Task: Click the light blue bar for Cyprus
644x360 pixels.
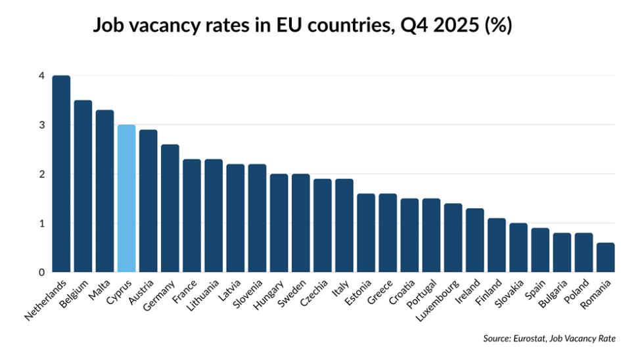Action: (x=126, y=198)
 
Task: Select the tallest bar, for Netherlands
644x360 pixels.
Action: (x=61, y=174)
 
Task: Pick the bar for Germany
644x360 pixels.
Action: (x=170, y=208)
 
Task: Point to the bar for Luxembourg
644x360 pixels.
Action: (x=453, y=238)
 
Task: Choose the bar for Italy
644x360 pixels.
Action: (x=344, y=225)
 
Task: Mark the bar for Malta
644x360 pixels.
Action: (x=104, y=191)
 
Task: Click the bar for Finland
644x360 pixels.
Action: (x=496, y=245)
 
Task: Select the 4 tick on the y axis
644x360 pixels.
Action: (x=41, y=76)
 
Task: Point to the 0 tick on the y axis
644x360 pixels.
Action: (x=41, y=272)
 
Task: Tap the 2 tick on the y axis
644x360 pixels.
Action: (x=41, y=174)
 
